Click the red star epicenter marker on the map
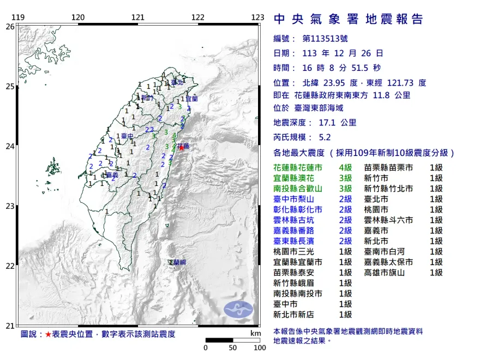click(x=181, y=147)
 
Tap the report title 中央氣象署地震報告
click(x=349, y=20)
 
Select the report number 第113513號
click(x=325, y=39)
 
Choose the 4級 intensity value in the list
click(x=345, y=168)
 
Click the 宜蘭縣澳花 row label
click(x=294, y=178)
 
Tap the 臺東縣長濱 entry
click(x=294, y=241)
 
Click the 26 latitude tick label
click(x=10, y=26)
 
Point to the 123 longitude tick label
click(x=258, y=17)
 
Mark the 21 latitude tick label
click(x=10, y=326)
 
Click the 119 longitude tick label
click(x=18, y=17)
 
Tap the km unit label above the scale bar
click(x=255, y=333)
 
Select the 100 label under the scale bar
click(x=259, y=348)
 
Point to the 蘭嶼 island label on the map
click(x=178, y=263)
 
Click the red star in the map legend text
click(x=48, y=334)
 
